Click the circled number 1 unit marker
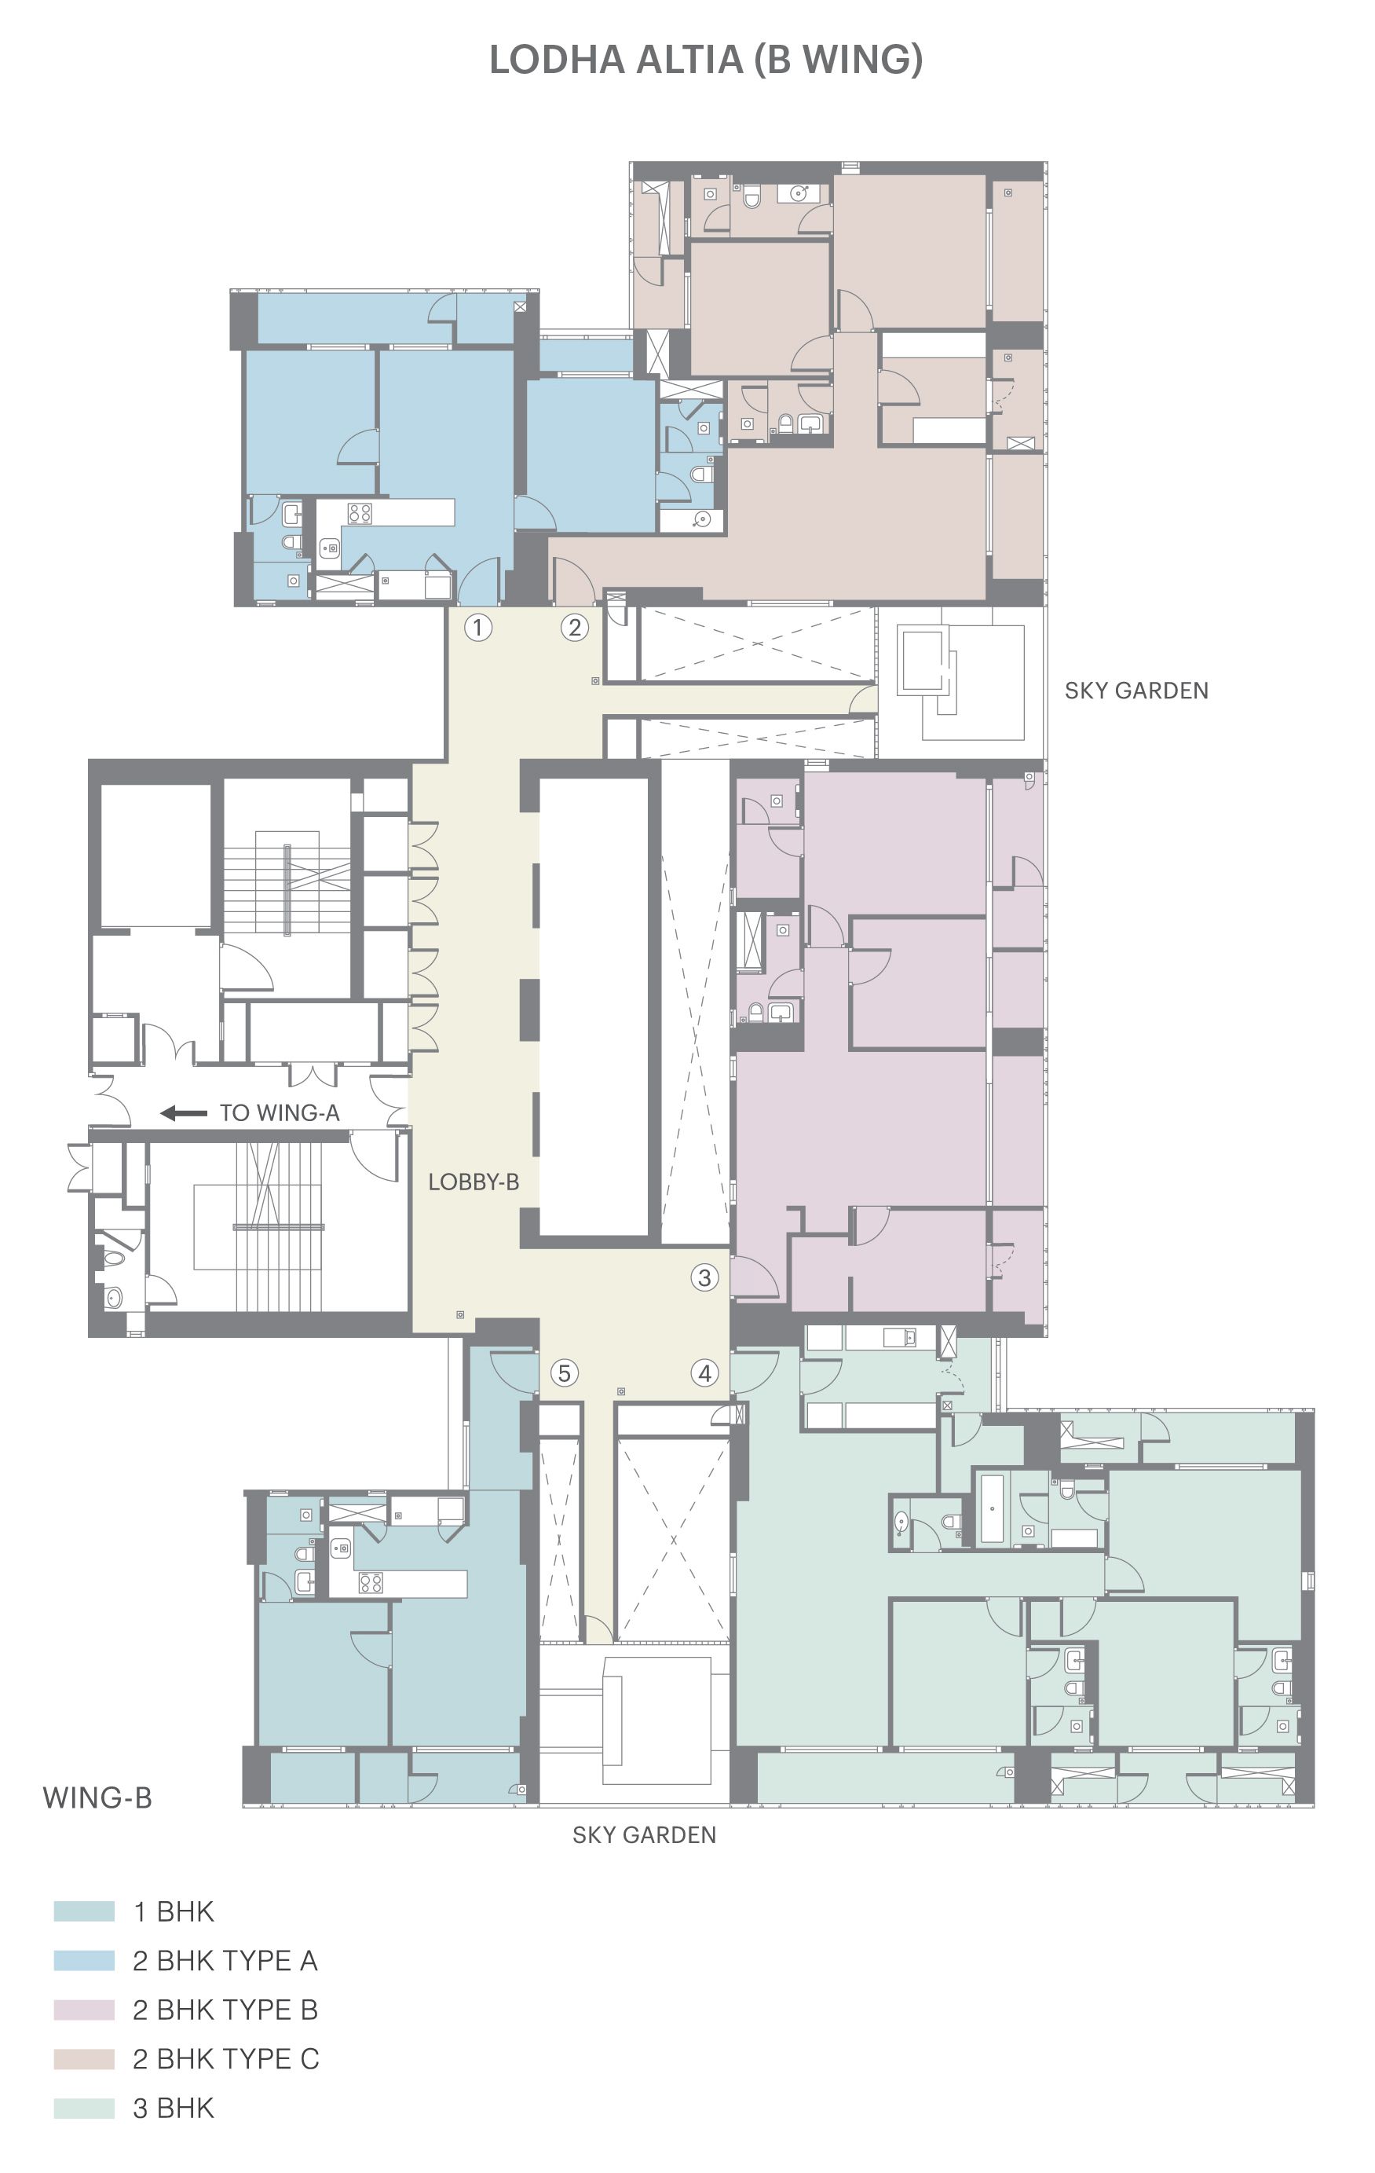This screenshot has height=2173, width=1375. [x=477, y=627]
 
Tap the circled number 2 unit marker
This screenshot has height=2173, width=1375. [x=575, y=627]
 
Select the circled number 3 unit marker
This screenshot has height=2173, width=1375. [x=704, y=1277]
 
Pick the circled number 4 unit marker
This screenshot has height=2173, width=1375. [x=704, y=1372]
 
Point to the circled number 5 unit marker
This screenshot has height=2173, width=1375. [x=564, y=1372]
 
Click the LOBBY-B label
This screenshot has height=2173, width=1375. [x=473, y=1182]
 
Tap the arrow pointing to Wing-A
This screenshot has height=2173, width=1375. [x=184, y=1112]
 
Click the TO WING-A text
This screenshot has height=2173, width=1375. [x=280, y=1112]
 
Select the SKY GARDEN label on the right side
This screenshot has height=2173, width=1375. [x=1136, y=691]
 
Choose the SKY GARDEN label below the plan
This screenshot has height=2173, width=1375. [x=644, y=1834]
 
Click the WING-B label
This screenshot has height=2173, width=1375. [x=97, y=1797]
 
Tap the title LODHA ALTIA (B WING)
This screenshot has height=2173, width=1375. [x=705, y=60]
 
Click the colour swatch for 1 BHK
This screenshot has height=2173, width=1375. [x=84, y=1911]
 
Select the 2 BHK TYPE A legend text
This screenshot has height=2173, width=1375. [x=225, y=1961]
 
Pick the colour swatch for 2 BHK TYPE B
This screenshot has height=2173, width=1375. [x=84, y=2010]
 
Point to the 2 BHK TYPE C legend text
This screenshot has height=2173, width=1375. [x=225, y=2059]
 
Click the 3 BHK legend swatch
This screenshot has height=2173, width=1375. [x=84, y=2108]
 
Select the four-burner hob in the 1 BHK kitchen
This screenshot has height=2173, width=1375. [x=371, y=1583]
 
